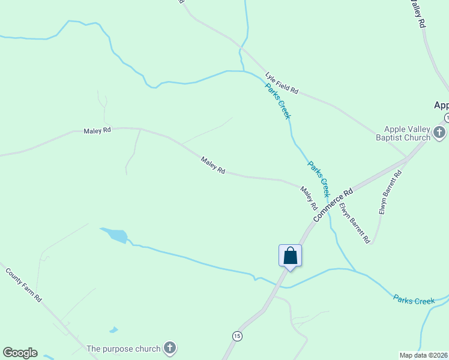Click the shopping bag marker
click(290, 255)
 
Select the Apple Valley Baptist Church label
click(408, 133)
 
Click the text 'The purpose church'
click(124, 349)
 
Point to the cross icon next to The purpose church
click(170, 347)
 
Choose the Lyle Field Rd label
click(282, 82)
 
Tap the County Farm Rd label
click(24, 284)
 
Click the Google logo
click(20, 353)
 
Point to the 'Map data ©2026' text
click(423, 355)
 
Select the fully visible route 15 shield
click(238, 336)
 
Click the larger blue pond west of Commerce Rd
click(114, 235)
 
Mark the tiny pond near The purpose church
click(113, 330)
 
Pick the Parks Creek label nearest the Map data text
click(414, 299)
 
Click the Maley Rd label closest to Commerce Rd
click(309, 197)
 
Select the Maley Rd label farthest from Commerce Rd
click(97, 130)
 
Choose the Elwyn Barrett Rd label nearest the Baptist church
click(390, 193)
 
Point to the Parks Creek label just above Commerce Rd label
click(318, 178)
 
